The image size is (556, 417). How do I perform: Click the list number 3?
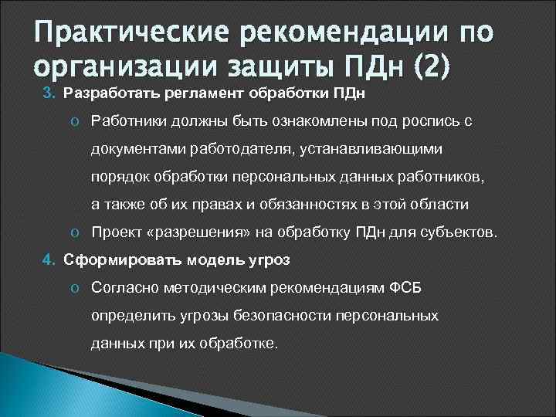[x=46, y=94]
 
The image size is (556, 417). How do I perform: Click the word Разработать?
[x=102, y=94]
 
